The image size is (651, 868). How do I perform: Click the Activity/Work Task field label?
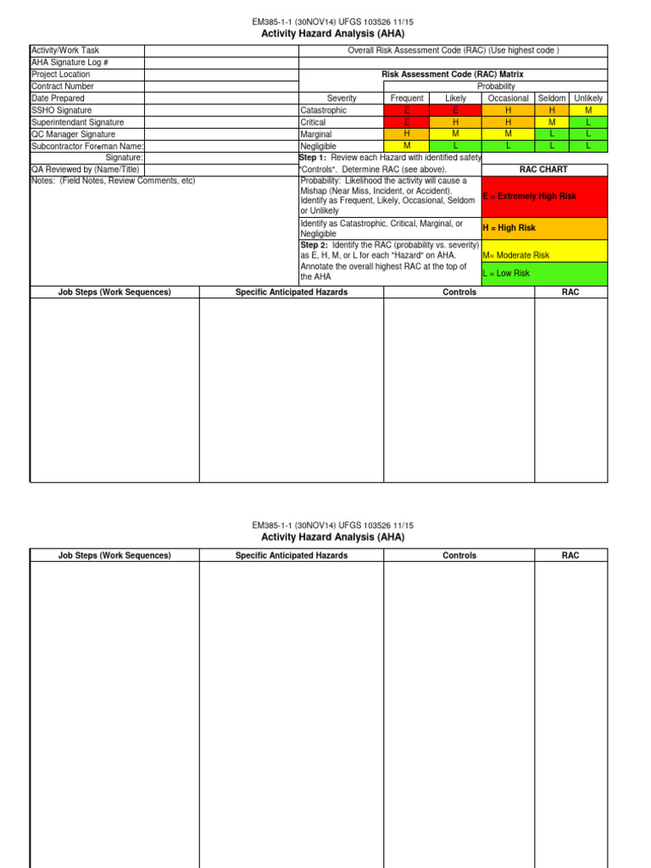pyautogui.click(x=65, y=51)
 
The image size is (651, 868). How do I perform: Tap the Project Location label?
pyautogui.click(x=60, y=75)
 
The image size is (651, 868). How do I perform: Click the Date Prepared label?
pyautogui.click(x=58, y=98)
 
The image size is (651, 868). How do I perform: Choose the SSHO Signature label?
pyautogui.click(x=62, y=110)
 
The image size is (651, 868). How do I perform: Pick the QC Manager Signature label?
pyautogui.click(x=73, y=134)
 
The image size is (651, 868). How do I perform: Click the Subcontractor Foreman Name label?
pyautogui.click(x=87, y=146)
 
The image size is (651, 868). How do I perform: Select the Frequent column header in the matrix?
pyautogui.click(x=408, y=98)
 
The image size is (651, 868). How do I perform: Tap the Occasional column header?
pyautogui.click(x=509, y=98)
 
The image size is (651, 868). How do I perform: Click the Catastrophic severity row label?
pyautogui.click(x=323, y=110)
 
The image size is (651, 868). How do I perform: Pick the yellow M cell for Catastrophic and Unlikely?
pyautogui.click(x=588, y=110)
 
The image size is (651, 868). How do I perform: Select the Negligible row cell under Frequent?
pyautogui.click(x=408, y=146)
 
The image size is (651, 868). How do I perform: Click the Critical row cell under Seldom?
pyautogui.click(x=552, y=122)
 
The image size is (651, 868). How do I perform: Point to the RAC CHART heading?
pyautogui.click(x=543, y=170)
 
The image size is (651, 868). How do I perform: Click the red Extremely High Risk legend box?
pyautogui.click(x=544, y=196)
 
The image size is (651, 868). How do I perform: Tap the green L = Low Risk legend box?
pyautogui.click(x=544, y=274)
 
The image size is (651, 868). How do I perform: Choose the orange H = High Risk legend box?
pyautogui.click(x=544, y=228)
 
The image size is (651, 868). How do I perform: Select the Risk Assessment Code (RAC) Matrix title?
pyautogui.click(x=453, y=75)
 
